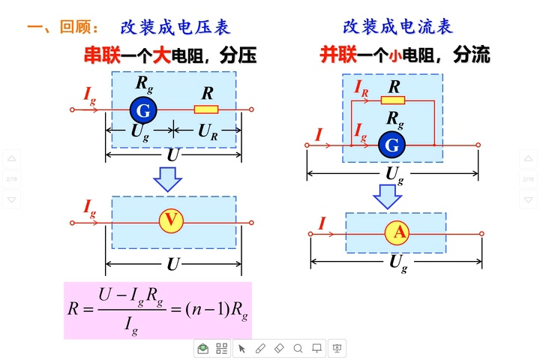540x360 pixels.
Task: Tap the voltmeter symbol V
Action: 172,220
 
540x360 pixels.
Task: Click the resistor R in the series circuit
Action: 206,109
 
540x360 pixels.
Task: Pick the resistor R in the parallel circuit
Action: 393,100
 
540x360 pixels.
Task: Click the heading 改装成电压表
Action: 175,28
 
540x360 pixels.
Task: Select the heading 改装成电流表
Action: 397,28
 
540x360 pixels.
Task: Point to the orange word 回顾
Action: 75,28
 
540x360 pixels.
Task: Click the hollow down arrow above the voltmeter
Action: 168,178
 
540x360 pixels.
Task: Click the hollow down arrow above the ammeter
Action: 388,196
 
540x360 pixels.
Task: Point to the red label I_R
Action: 361,88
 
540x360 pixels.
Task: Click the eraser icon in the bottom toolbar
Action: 278,348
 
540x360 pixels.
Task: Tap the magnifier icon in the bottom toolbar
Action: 298,348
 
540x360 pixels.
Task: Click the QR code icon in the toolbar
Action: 222,348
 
